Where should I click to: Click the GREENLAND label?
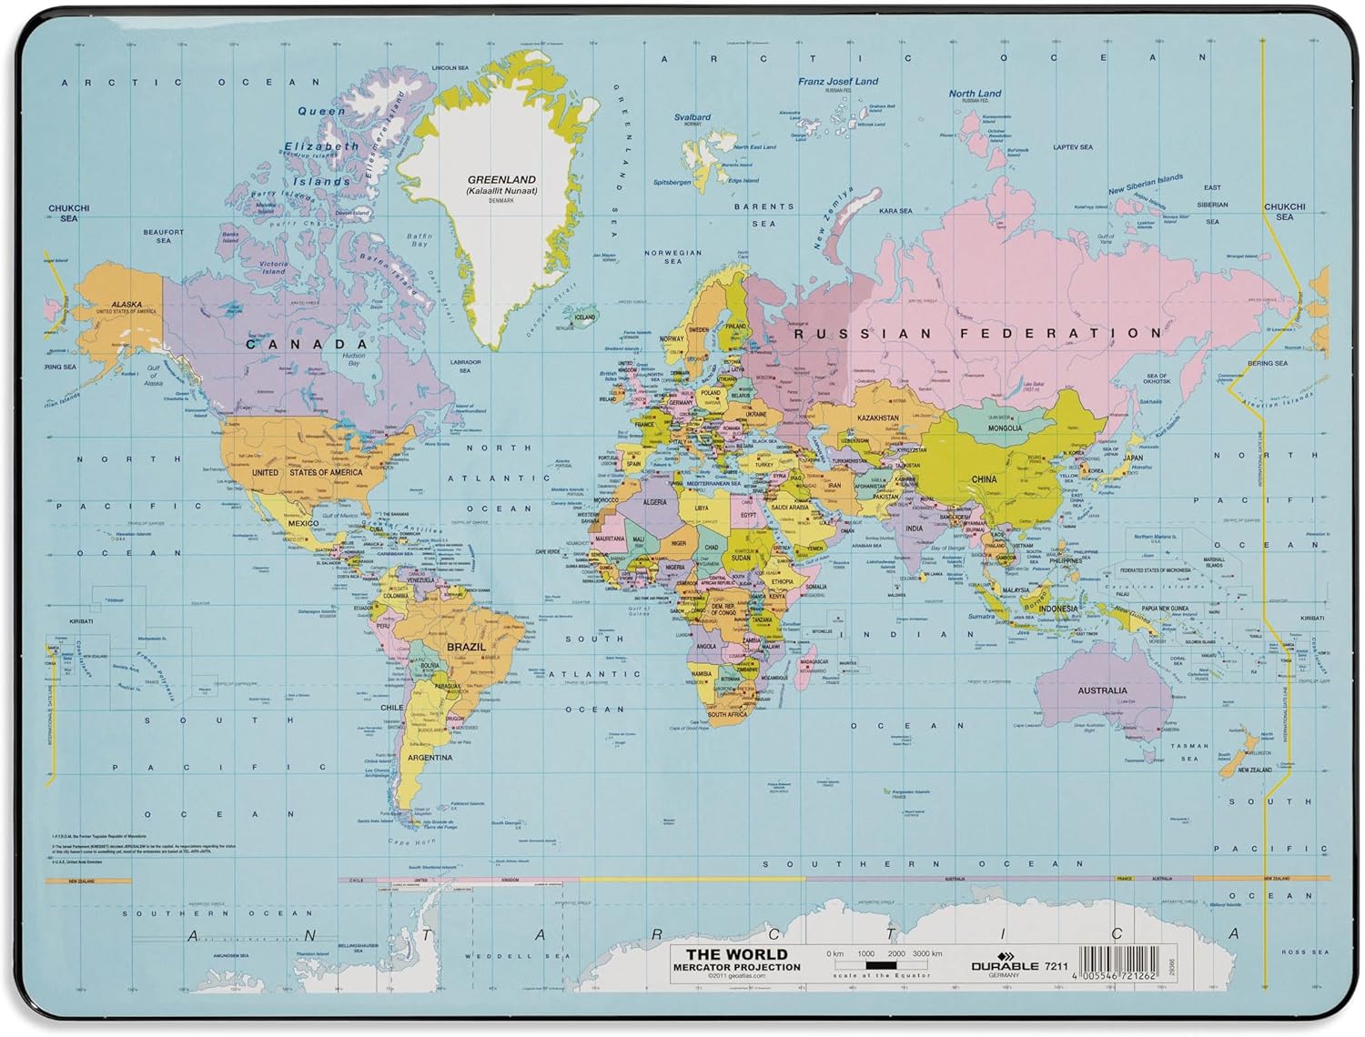(x=501, y=180)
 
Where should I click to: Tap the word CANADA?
(x=308, y=344)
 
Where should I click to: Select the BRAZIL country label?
(x=466, y=647)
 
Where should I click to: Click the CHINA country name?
(x=984, y=479)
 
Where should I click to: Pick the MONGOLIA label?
(x=1005, y=428)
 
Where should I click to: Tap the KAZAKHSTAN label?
(x=878, y=418)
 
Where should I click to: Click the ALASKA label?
(x=126, y=305)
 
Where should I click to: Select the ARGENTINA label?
(x=430, y=758)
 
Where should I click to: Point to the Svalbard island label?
(x=693, y=117)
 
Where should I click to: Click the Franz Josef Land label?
(x=838, y=81)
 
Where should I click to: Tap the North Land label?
(x=975, y=93)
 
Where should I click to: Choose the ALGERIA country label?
(x=655, y=502)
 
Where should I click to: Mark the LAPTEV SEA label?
(x=1073, y=146)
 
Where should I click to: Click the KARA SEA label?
(x=895, y=211)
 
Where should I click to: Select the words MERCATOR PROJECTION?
(x=736, y=967)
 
